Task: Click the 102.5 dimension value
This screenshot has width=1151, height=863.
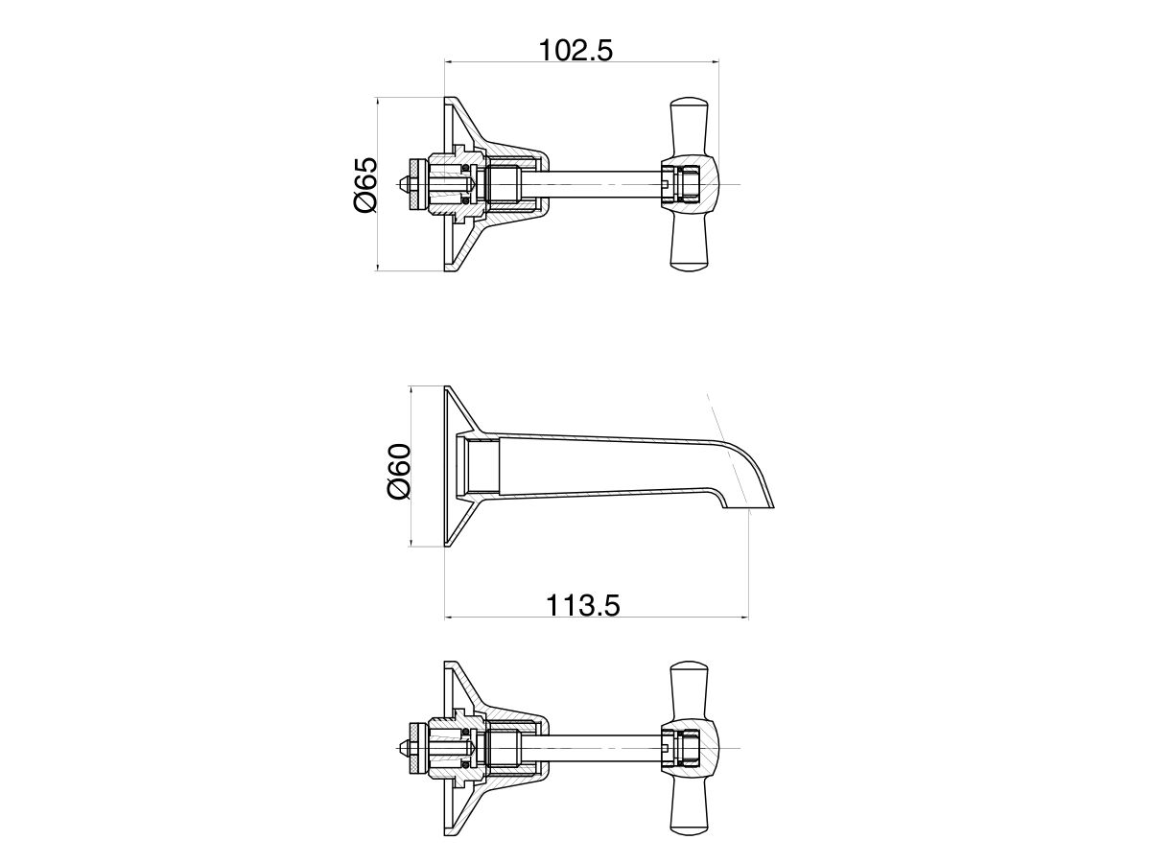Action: (x=575, y=51)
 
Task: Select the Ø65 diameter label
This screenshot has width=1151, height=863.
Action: (x=365, y=184)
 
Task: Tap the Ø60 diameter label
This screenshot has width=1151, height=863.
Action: (x=398, y=471)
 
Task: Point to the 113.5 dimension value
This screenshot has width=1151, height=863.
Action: (x=583, y=605)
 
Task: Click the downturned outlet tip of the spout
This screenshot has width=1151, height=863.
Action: (x=750, y=504)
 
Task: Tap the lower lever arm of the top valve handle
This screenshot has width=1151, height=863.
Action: (x=690, y=242)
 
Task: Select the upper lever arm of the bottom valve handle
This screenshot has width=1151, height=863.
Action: (x=690, y=690)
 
